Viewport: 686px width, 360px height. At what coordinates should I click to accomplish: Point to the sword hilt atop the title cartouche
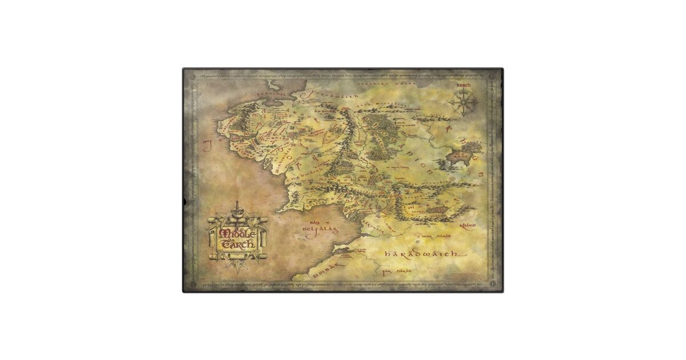coord(237,206)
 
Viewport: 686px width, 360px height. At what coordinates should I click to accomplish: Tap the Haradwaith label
coord(422,253)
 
